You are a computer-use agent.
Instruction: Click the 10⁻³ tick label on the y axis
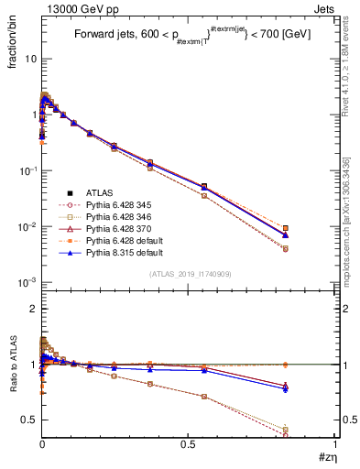[x=27, y=283]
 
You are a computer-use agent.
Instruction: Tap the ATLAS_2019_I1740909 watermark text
[x=188, y=274]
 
